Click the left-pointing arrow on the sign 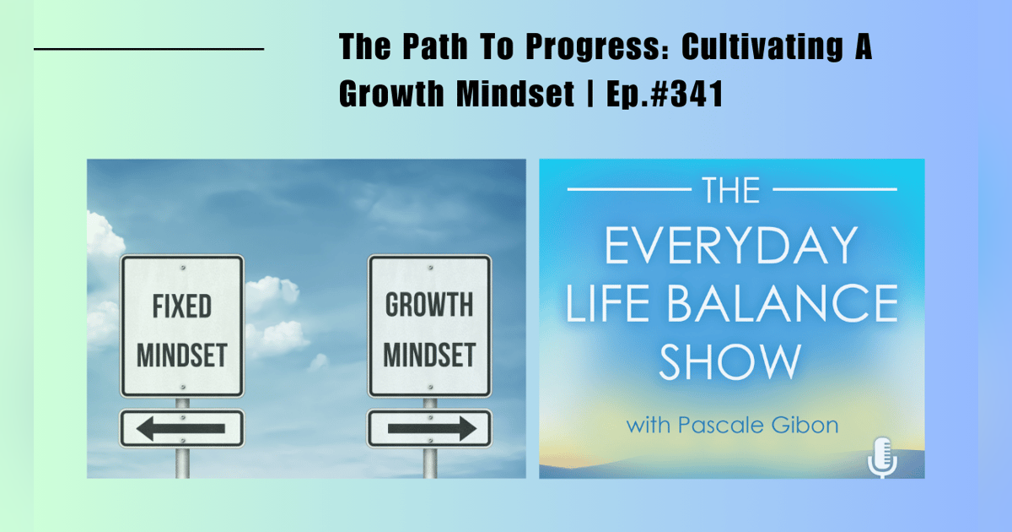point(181,428)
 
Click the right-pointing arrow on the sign point(429,428)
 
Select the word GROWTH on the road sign point(429,305)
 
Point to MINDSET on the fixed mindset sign point(181,355)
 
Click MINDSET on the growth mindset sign point(429,355)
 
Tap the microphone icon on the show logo point(882,457)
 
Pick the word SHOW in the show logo point(730,361)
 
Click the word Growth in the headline point(392,94)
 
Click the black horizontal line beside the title point(148,50)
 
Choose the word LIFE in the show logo point(604,305)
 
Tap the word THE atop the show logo point(731,191)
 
